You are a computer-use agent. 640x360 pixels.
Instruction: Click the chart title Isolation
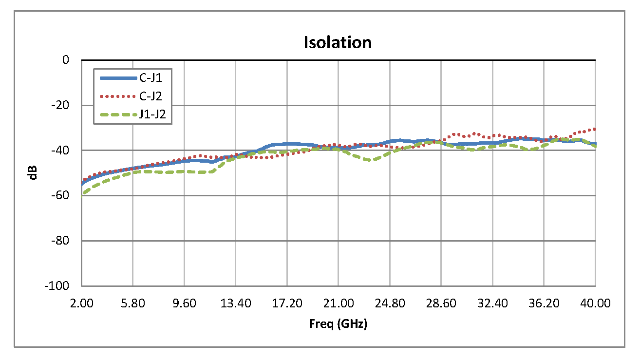click(338, 42)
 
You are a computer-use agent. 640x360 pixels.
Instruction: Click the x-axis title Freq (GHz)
click(338, 323)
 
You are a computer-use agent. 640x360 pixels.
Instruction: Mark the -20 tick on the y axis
click(60, 105)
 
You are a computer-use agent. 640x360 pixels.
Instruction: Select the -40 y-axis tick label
click(60, 150)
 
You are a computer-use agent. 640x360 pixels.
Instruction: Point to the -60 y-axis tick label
click(60, 195)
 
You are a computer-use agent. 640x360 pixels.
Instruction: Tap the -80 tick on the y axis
click(60, 241)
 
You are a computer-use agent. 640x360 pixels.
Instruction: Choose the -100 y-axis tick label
click(58, 286)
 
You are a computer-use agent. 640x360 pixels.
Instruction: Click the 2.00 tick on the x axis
click(81, 303)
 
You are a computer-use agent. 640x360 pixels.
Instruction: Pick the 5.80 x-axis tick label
click(133, 303)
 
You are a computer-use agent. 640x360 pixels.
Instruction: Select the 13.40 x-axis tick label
click(236, 303)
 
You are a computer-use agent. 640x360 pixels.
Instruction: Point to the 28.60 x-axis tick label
click(441, 303)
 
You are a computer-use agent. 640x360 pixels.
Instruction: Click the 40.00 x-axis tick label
click(595, 303)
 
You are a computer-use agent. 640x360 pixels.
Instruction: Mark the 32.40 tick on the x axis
click(492, 303)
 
